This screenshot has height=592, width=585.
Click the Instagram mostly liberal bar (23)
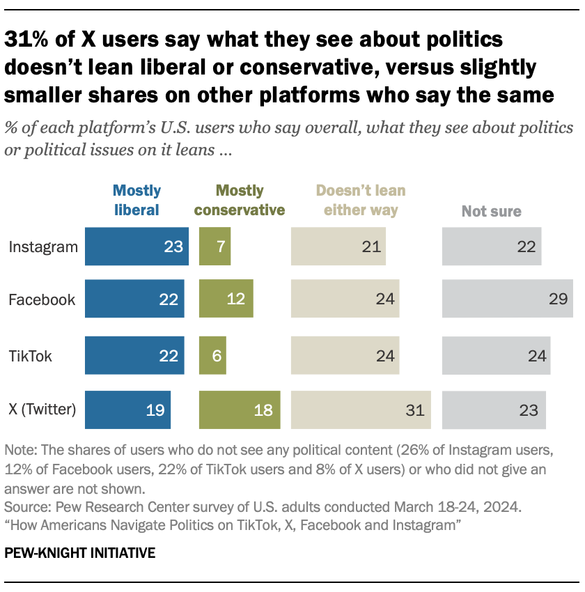coord(136,247)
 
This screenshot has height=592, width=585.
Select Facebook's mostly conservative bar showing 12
coord(226,299)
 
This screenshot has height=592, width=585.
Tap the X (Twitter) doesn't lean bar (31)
coord(361,410)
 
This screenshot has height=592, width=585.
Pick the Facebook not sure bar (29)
coord(507,299)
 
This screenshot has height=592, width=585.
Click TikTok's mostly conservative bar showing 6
coord(212,355)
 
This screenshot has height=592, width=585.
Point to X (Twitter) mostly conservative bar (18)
coord(240,410)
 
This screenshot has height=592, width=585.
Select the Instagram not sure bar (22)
coord(492,247)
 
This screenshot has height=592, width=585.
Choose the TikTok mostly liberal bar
coord(134,355)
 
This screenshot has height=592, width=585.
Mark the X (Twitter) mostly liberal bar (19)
coord(127,410)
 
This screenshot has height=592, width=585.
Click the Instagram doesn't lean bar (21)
coord(338,247)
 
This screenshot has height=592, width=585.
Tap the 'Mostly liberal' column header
coord(137,200)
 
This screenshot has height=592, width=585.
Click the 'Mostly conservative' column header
coord(240,200)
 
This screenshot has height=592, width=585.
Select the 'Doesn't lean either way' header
coord(361,200)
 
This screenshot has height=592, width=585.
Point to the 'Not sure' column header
coord(492,210)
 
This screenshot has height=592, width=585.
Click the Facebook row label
coord(41,300)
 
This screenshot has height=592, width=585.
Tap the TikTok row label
coord(30,356)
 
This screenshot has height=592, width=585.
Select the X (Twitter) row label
coord(42,410)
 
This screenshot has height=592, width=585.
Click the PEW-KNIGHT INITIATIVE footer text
coord(80,554)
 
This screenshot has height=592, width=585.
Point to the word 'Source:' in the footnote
coord(23,504)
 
